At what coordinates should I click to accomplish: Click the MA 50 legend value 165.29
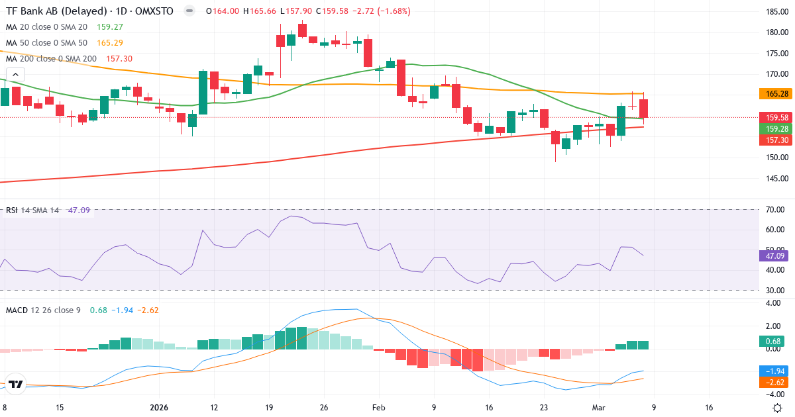click(110, 43)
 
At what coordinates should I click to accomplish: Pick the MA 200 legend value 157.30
click(119, 59)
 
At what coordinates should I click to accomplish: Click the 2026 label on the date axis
click(159, 408)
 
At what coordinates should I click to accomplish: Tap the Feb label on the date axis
click(378, 408)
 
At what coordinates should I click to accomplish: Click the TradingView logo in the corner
click(16, 384)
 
